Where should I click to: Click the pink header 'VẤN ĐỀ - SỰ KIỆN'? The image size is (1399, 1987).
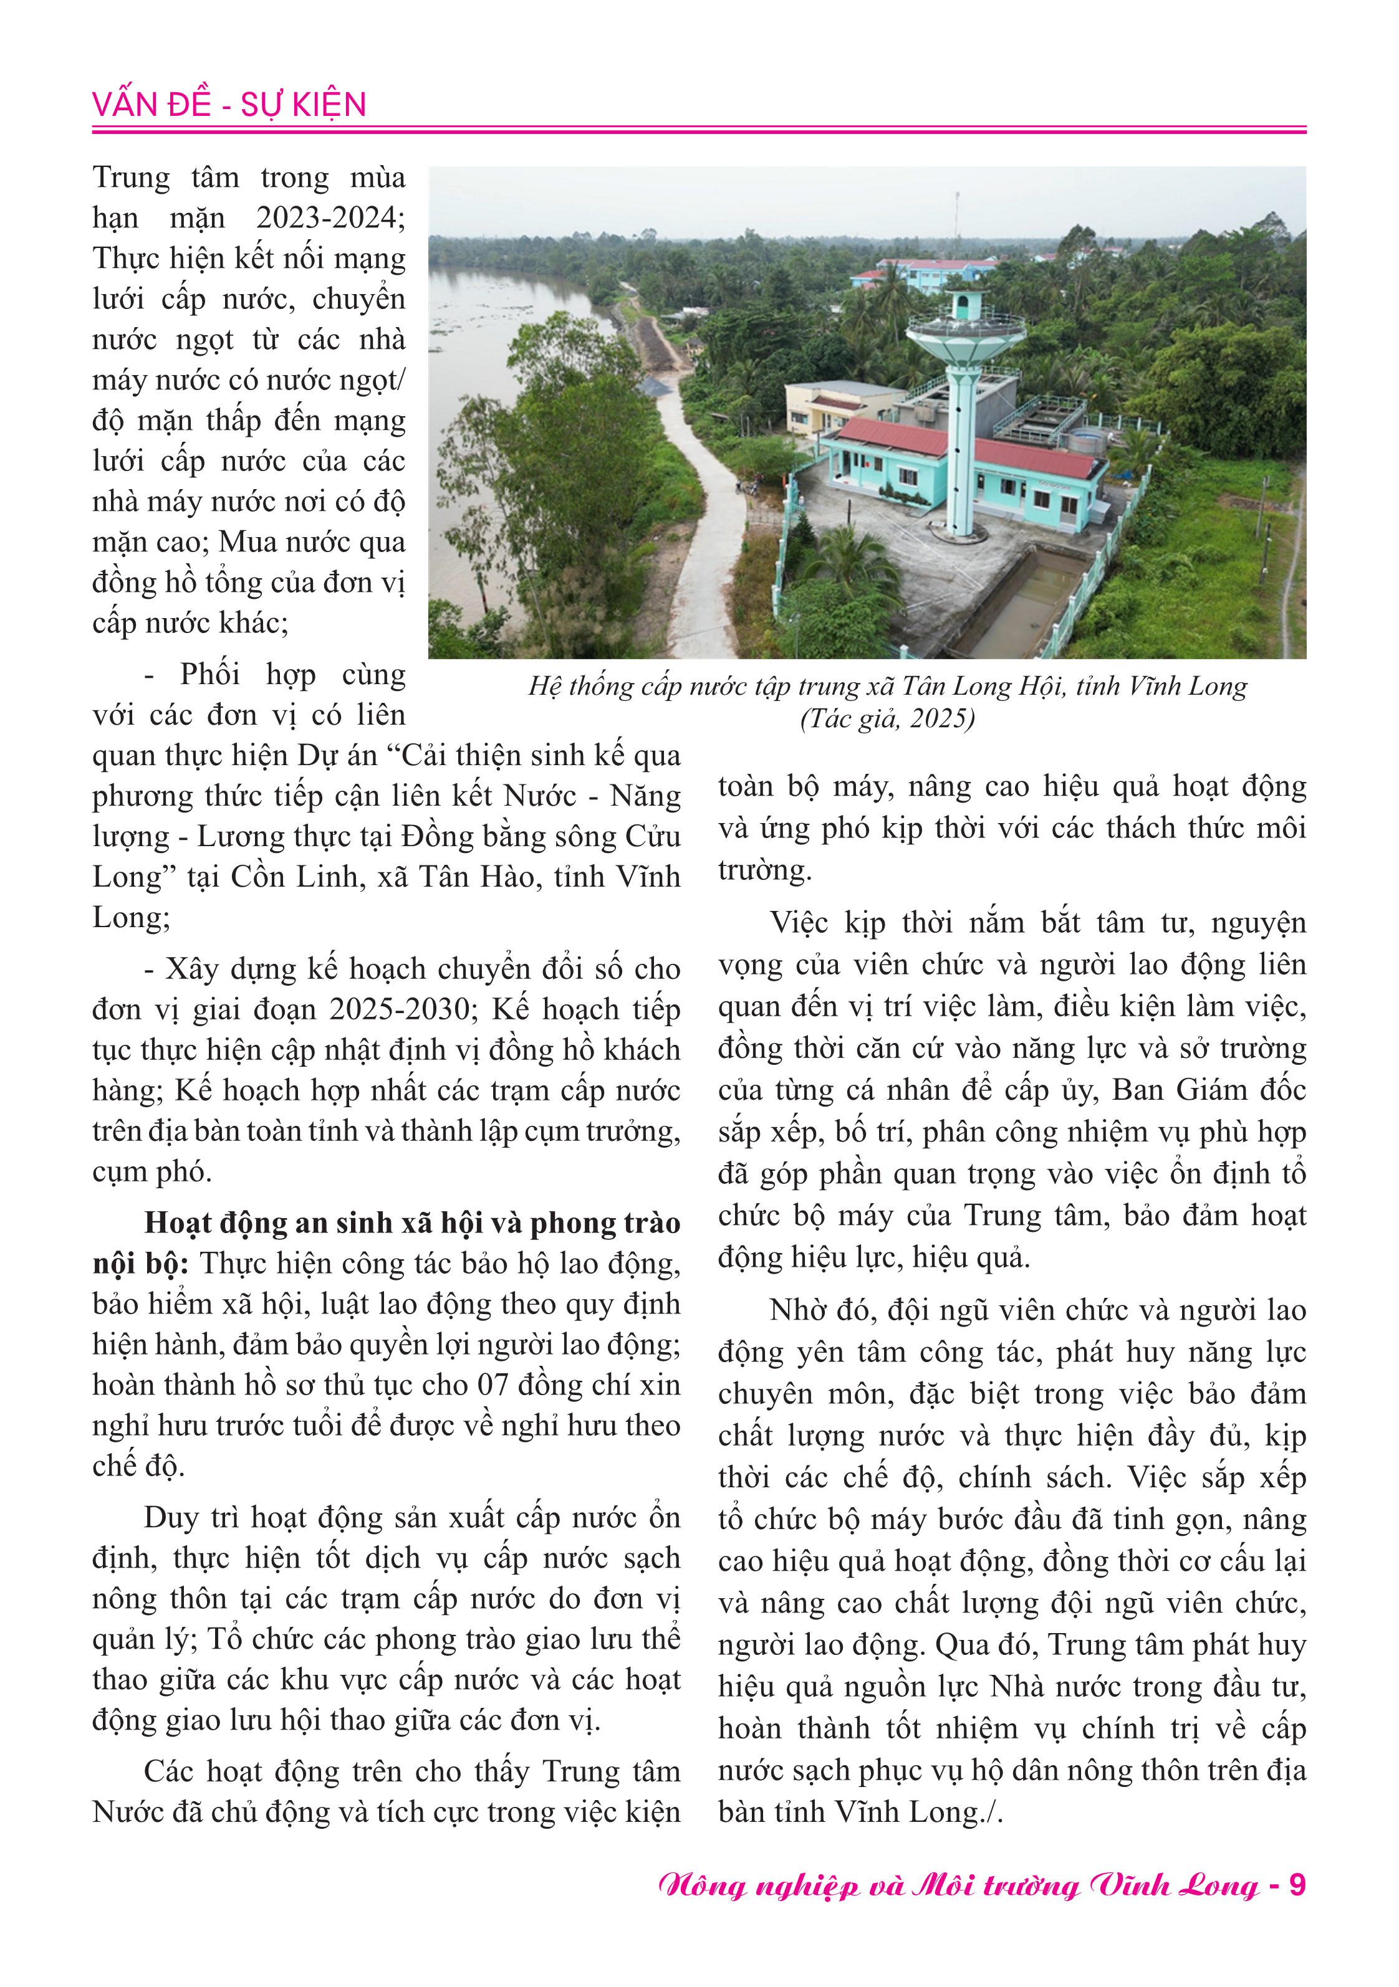[229, 105]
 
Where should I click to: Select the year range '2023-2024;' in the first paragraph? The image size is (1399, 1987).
[330, 217]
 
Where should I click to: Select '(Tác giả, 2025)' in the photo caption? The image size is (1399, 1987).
[887, 719]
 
